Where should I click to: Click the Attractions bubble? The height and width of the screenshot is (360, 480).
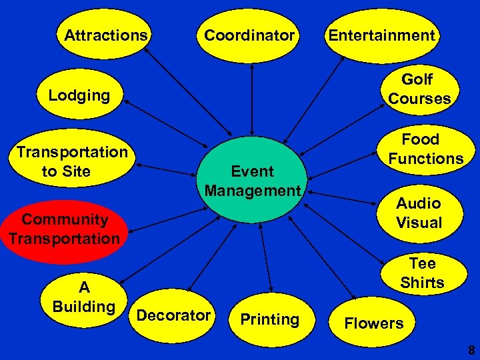click(105, 35)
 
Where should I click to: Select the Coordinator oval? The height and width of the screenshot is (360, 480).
click(249, 35)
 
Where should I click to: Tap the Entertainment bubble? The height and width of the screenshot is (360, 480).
click(381, 35)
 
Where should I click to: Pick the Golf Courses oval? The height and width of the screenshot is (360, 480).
click(419, 89)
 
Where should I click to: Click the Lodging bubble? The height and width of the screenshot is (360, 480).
click(79, 95)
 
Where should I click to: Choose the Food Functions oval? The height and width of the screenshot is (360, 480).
click(425, 149)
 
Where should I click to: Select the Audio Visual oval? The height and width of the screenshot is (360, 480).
click(419, 213)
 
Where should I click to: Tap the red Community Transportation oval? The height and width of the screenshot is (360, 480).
click(64, 229)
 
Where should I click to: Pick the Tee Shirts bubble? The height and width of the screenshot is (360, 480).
click(421, 273)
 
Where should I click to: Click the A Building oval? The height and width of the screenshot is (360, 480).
click(84, 297)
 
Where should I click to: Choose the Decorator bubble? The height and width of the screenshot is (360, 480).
click(173, 315)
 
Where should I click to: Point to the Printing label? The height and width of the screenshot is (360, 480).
click(269, 319)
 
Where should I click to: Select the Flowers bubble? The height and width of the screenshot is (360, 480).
click(373, 323)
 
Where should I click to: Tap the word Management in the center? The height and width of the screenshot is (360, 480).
click(253, 191)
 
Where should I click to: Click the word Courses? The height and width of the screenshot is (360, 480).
click(419, 99)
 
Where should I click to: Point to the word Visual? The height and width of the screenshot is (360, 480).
click(419, 223)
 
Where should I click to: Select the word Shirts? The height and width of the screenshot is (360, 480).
click(422, 283)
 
